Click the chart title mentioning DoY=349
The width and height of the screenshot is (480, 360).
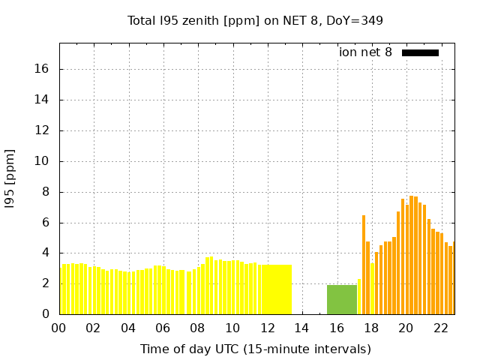[255, 20]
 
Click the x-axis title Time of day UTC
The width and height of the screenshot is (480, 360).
[255, 349]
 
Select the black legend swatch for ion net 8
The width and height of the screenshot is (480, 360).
[420, 52]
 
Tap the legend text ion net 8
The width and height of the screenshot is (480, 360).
[365, 52]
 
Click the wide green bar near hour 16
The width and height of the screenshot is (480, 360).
[342, 299]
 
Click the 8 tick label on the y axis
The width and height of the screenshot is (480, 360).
[45, 192]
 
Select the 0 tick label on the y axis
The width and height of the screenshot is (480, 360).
[45, 314]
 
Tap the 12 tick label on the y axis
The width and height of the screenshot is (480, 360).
[42, 130]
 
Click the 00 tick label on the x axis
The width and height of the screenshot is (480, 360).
[59, 328]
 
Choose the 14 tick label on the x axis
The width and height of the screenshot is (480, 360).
[301, 328]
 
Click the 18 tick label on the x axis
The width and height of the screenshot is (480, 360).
[371, 328]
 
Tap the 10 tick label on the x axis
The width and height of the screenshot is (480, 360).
[232, 328]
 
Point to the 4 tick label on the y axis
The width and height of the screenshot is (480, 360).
[45, 253]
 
